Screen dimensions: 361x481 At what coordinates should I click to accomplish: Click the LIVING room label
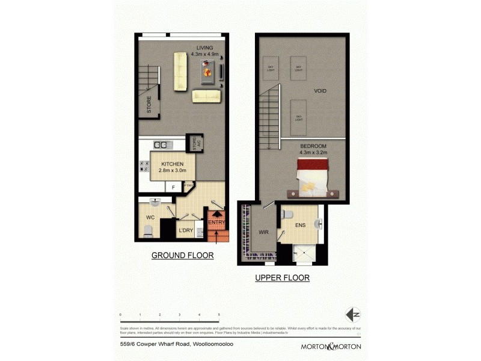point(204,48)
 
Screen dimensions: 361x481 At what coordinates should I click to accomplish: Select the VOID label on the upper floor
point(320,91)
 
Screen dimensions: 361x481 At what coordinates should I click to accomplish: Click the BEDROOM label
point(313,146)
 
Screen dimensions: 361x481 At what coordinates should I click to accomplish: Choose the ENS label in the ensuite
point(300,225)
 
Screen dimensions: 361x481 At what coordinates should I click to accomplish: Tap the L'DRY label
point(185,230)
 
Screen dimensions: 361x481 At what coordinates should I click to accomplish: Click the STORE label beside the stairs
point(149,105)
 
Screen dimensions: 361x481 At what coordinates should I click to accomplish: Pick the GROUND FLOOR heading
point(182,256)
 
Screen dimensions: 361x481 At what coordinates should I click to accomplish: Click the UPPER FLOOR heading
point(282,278)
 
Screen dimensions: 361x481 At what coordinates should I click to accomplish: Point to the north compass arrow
point(352,315)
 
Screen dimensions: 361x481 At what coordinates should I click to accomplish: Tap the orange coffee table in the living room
point(207,73)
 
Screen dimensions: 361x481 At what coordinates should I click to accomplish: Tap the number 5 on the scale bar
point(218,315)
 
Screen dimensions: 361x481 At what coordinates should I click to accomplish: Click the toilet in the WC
point(148,230)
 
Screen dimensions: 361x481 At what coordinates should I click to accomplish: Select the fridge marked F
point(173,188)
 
